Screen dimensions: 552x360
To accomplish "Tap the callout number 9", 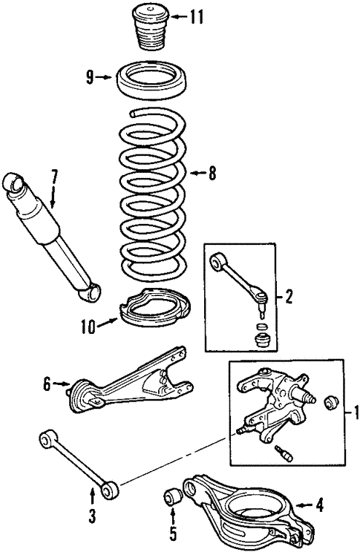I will click(90, 76).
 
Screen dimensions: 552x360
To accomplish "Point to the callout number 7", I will click(53, 177).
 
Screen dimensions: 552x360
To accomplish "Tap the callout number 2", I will click(289, 298).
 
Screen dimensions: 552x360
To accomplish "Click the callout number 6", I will click(46, 384).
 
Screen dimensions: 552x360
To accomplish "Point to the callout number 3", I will click(92, 515).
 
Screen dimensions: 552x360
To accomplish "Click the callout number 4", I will click(319, 507).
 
